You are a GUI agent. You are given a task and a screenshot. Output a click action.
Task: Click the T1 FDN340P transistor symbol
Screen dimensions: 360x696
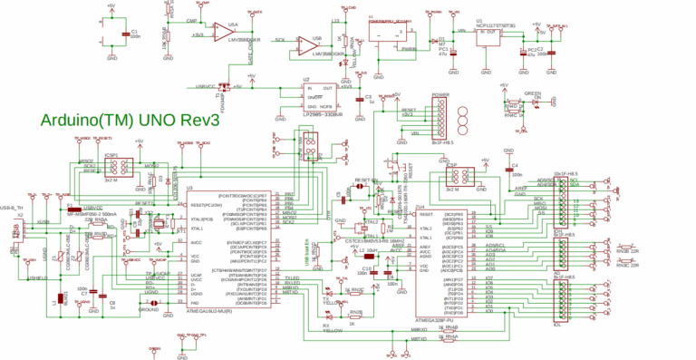[226, 87]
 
